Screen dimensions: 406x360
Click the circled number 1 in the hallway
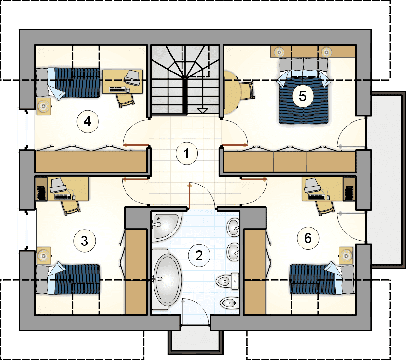click(x=187, y=154)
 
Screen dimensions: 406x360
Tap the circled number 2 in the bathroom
click(x=199, y=256)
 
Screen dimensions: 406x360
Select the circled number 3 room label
click(x=84, y=241)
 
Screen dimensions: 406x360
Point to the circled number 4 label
click(x=87, y=121)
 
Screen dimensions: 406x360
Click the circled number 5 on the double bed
click(x=302, y=96)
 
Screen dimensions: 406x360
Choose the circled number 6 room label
click(x=308, y=238)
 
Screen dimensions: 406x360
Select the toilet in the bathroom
click(x=227, y=281)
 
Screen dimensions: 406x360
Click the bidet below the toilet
click(x=229, y=302)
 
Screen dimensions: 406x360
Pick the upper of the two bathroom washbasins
click(x=233, y=227)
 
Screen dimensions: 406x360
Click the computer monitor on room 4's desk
click(x=133, y=77)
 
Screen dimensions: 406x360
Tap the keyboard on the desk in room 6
click(x=317, y=197)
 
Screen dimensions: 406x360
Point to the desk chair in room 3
click(x=70, y=208)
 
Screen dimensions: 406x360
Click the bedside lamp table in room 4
click(x=43, y=106)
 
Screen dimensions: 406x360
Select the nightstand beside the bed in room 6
click(x=346, y=256)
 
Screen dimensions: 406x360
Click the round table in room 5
click(x=232, y=92)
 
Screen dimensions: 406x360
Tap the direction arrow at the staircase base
click(x=202, y=111)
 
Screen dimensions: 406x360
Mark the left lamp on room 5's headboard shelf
click(x=279, y=52)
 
